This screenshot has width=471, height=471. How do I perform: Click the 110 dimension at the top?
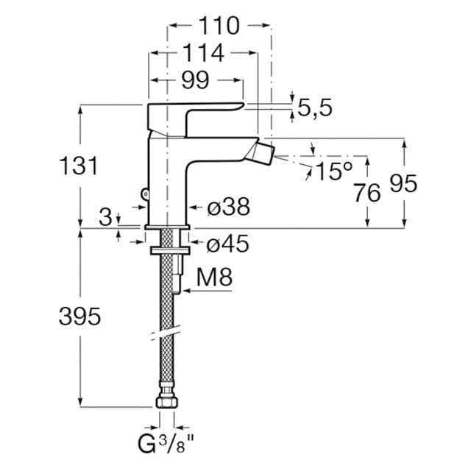(219, 26)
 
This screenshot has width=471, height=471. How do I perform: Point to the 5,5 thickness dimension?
(315, 107)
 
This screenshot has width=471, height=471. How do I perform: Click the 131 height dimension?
(78, 166)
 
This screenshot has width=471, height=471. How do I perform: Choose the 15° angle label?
(334, 171)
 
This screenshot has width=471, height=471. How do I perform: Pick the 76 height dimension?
(366, 193)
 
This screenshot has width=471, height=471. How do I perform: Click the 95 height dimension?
(403, 184)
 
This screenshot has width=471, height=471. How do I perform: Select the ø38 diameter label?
(228, 208)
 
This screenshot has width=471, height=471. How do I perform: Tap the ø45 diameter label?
(227, 243)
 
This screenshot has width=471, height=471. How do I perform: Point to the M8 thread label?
(216, 278)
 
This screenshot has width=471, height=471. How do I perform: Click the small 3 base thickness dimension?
(107, 217)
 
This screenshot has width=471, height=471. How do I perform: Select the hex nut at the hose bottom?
(167, 403)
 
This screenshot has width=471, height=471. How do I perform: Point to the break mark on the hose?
(168, 334)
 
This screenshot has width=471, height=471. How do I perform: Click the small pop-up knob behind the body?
(144, 194)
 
